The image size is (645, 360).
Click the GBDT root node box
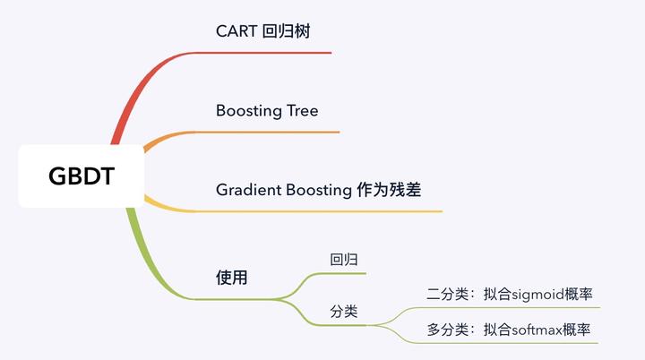(81, 176)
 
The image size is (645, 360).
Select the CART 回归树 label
(263, 31)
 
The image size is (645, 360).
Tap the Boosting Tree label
(267, 111)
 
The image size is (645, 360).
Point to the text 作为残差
(400, 190)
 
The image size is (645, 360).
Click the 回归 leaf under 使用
(344, 260)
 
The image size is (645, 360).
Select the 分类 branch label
(344, 312)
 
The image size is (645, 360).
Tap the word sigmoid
(534, 294)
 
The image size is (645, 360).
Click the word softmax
(535, 330)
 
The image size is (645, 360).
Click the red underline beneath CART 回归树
(269, 53)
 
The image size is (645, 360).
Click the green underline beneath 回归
(345, 273)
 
